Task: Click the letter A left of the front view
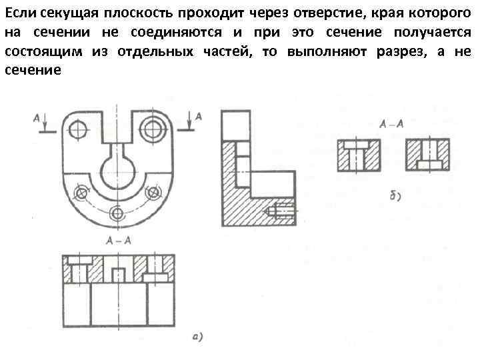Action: (x=36, y=117)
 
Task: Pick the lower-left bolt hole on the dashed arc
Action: (x=82, y=193)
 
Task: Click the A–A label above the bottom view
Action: (x=118, y=240)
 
